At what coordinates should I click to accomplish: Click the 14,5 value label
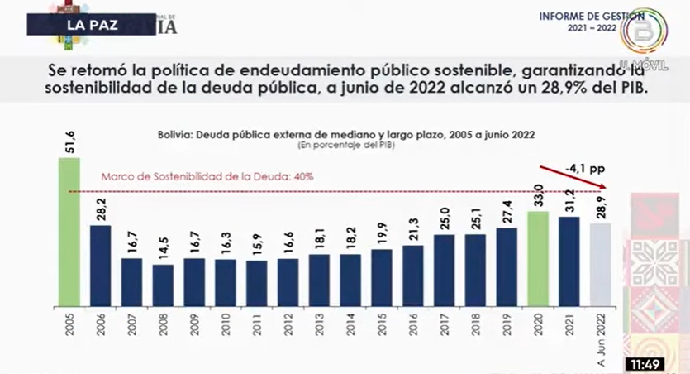[x=163, y=249]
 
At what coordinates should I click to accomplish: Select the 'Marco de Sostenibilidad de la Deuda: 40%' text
[x=207, y=177]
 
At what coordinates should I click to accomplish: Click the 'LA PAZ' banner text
[x=87, y=24]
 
